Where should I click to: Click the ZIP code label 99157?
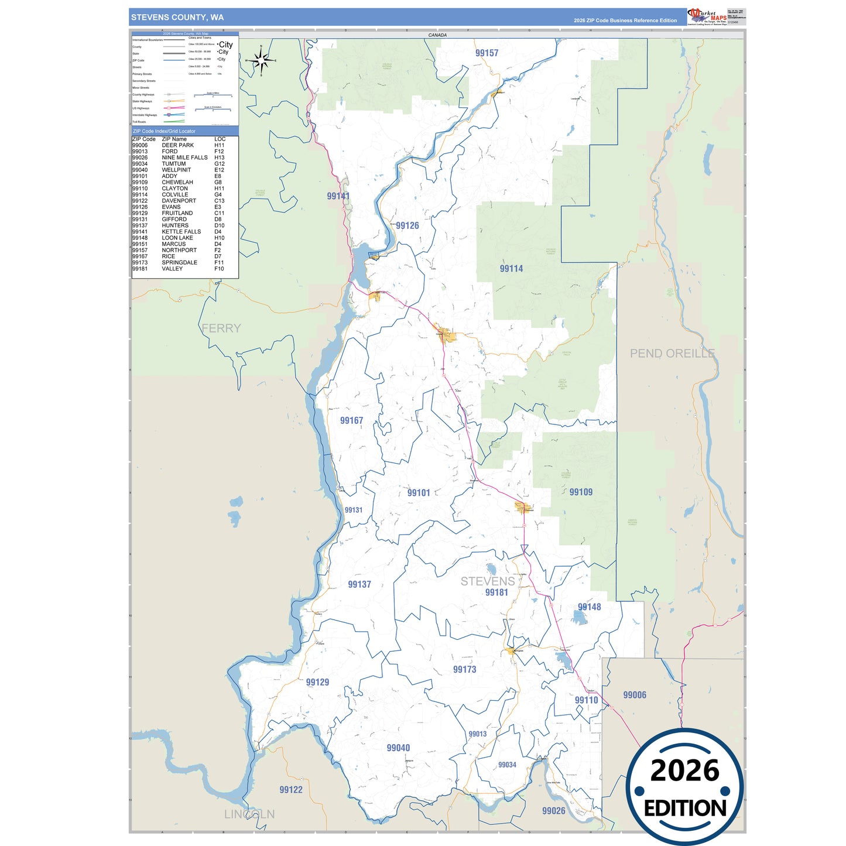click(x=487, y=53)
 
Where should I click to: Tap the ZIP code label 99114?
click(x=511, y=269)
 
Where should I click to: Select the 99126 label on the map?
click(x=407, y=225)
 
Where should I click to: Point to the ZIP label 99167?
click(x=351, y=420)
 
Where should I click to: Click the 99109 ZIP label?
click(x=581, y=492)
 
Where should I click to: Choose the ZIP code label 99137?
click(x=359, y=584)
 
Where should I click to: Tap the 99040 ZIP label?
click(x=398, y=748)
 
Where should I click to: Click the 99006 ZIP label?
click(x=635, y=695)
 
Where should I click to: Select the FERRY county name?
click(x=221, y=328)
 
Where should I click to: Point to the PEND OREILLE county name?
click(x=672, y=354)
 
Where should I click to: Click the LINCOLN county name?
click(x=249, y=814)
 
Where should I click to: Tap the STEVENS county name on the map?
click(x=487, y=581)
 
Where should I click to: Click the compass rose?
click(x=261, y=60)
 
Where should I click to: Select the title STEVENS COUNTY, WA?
click(x=177, y=18)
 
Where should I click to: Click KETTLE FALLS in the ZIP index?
click(x=181, y=232)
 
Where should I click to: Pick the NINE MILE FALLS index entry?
click(x=184, y=157)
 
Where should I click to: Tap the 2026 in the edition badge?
click(x=684, y=770)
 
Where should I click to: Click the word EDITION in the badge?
click(x=685, y=809)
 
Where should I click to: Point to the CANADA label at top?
click(x=437, y=35)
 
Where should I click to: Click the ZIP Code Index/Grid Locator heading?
click(x=165, y=131)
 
